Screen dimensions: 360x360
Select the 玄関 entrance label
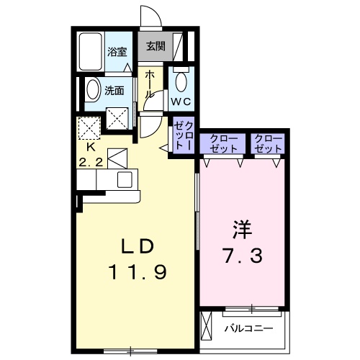click(x=155, y=46)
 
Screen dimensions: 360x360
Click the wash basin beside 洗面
click(x=93, y=91)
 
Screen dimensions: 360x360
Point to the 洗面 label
click(x=115, y=91)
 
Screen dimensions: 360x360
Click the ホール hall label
click(x=149, y=84)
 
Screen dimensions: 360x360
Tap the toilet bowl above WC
click(x=180, y=81)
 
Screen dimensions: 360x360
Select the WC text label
click(x=180, y=102)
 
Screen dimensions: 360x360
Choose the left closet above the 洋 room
click(x=223, y=142)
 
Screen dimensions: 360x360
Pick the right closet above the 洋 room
click(x=268, y=142)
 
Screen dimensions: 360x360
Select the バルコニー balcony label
click(x=247, y=328)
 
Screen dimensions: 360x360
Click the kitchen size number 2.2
click(x=89, y=163)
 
